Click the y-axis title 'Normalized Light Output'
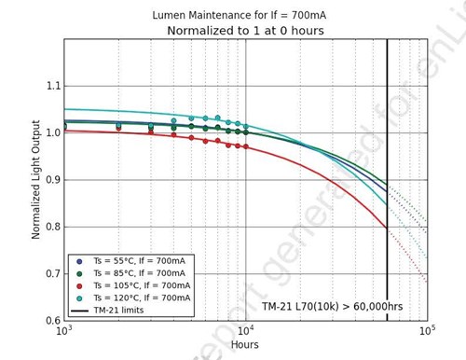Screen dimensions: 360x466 (35, 180)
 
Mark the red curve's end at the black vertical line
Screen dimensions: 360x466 (387, 228)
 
